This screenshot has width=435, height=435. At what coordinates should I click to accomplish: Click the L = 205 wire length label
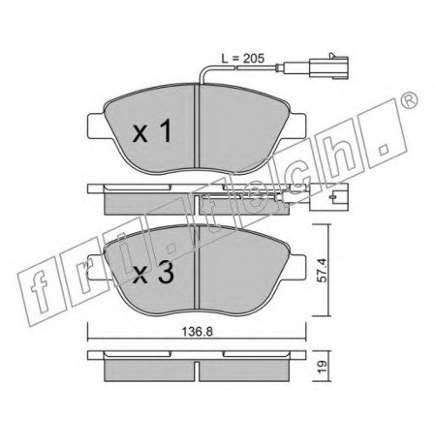[243, 58]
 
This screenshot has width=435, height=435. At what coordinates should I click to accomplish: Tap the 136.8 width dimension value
[197, 331]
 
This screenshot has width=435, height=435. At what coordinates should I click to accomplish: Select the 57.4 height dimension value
[322, 270]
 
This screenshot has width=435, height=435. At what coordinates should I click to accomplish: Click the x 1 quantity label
[152, 131]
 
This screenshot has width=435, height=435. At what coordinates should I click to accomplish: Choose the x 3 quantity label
[153, 272]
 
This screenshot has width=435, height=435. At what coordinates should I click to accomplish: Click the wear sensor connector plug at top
[328, 66]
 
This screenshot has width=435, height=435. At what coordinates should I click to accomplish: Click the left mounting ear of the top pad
[96, 126]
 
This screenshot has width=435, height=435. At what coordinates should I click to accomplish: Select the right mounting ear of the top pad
[298, 126]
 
